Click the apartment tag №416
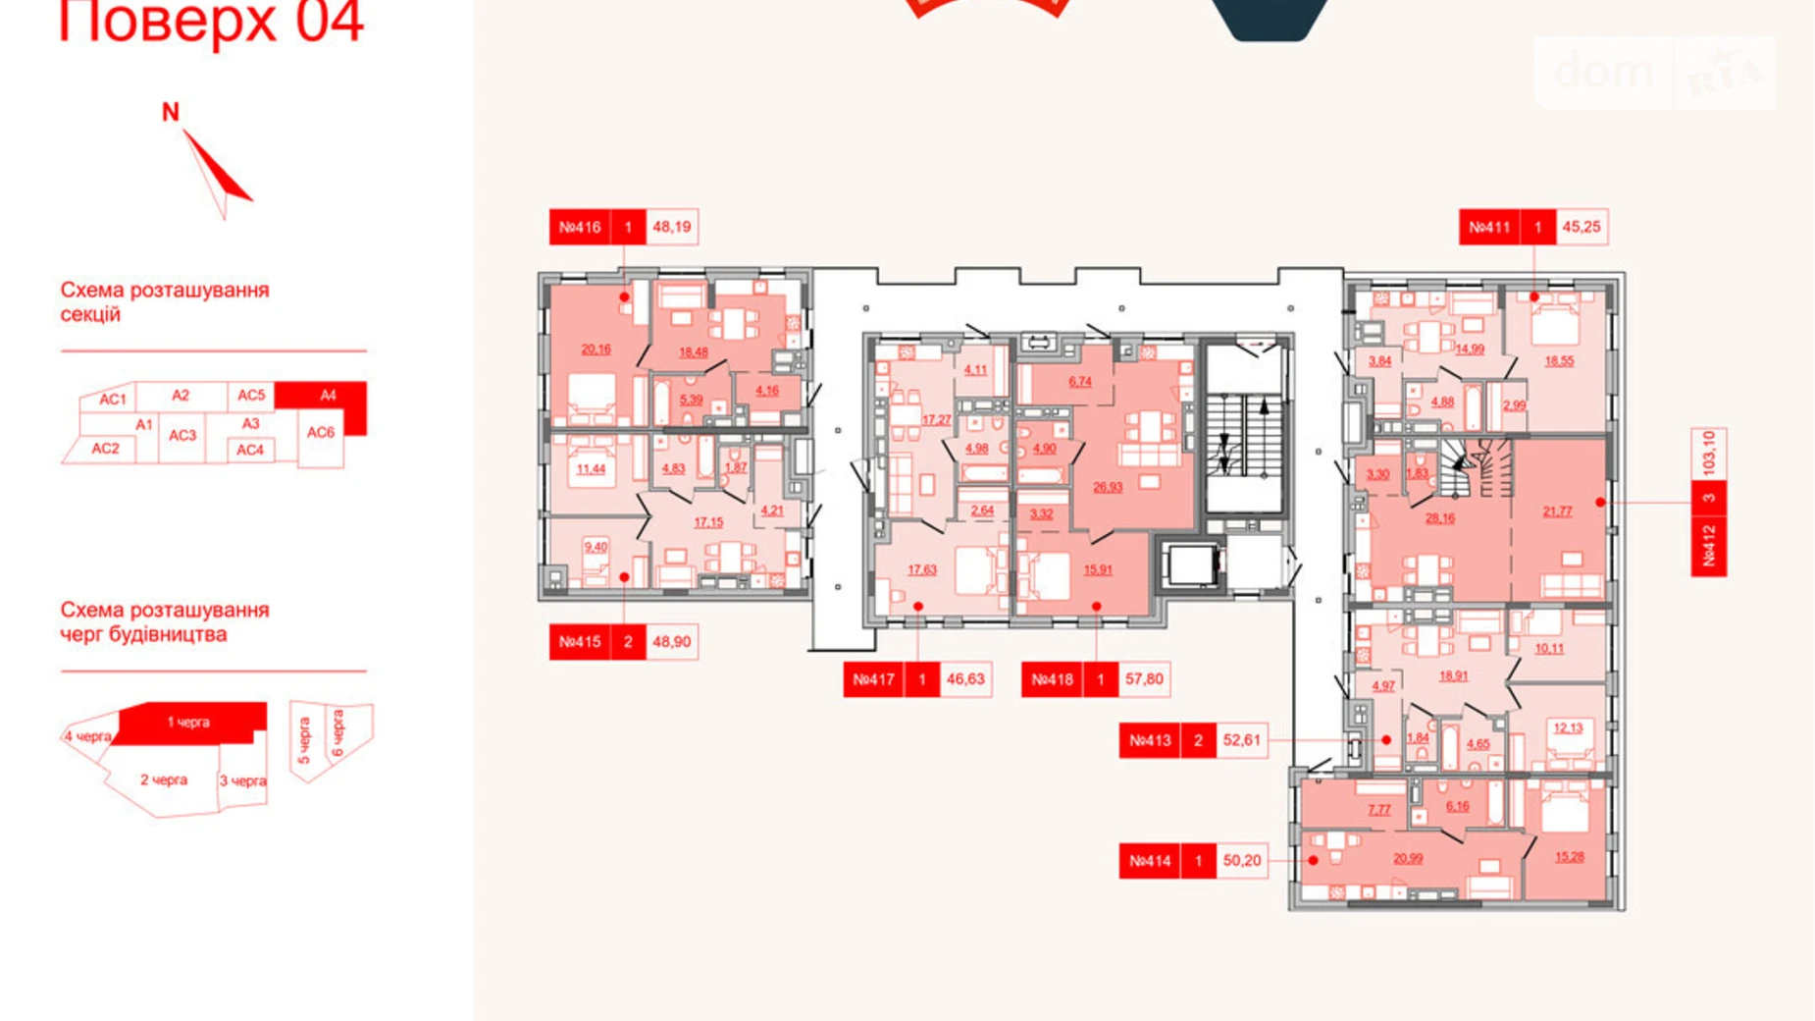tap(580, 227)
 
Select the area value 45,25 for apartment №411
tap(1581, 227)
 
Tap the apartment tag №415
tap(580, 642)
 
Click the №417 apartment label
tap(873, 679)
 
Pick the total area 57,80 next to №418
tap(1144, 679)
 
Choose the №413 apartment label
tap(1150, 740)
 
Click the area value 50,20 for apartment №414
tap(1242, 861)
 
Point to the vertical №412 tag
tap(1709, 545)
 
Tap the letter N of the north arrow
tap(171, 113)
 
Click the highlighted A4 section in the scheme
tap(328, 396)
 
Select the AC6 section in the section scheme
tap(321, 432)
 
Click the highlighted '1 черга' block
tap(188, 723)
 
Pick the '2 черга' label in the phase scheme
tap(163, 780)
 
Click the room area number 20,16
tap(596, 349)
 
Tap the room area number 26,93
tap(1108, 487)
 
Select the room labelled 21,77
tap(1557, 511)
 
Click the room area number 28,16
tap(1439, 518)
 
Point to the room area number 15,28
tap(1569, 857)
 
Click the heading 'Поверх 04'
tap(212, 22)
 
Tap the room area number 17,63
tap(921, 569)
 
